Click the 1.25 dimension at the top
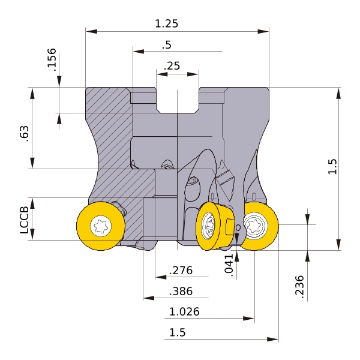click(x=166, y=23)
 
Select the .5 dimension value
click(x=167, y=45)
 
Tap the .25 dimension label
click(x=172, y=66)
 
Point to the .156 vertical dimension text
click(x=52, y=59)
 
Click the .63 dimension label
click(x=25, y=134)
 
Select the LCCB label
click(x=25, y=220)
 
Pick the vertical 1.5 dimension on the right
click(x=332, y=167)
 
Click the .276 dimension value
click(x=181, y=271)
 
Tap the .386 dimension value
click(x=181, y=292)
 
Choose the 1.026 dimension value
click(x=184, y=312)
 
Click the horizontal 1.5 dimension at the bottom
click(x=177, y=332)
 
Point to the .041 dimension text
click(x=229, y=265)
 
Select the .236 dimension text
click(x=299, y=287)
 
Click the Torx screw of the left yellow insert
click(x=101, y=226)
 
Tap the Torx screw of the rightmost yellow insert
click(x=256, y=225)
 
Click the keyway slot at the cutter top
click(x=177, y=100)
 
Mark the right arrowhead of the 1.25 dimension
click(x=263, y=31)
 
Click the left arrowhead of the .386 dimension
click(x=149, y=298)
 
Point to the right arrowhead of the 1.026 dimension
click(x=249, y=319)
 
